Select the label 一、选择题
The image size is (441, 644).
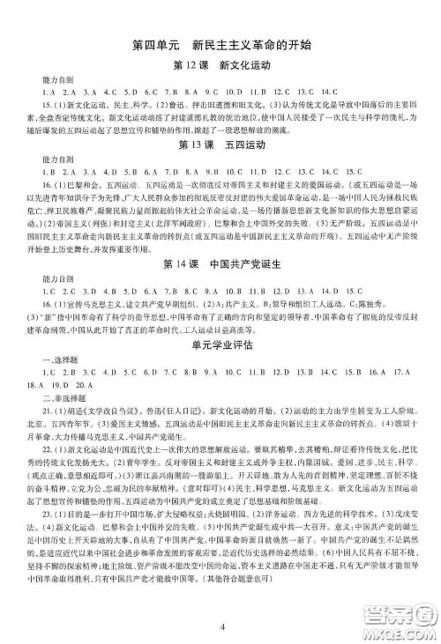tap(44, 360)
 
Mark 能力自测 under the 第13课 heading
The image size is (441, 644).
tap(45, 159)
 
